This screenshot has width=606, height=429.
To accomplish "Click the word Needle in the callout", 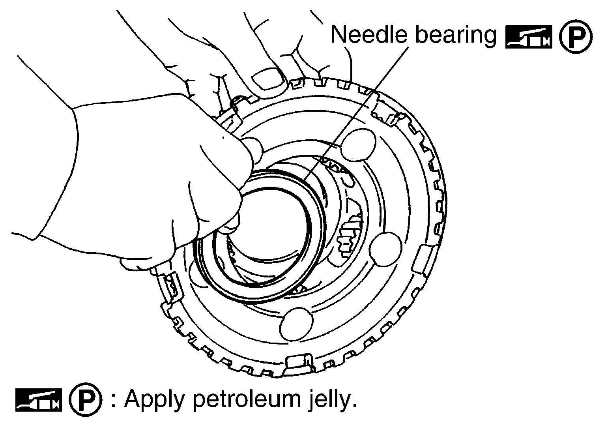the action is [369, 34].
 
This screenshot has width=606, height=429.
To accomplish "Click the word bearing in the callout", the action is [456, 36].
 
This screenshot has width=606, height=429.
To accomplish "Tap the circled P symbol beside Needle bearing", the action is [576, 37].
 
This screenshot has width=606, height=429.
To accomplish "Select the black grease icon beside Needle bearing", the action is [529, 37].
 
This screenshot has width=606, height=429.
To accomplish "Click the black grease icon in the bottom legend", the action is [39, 400].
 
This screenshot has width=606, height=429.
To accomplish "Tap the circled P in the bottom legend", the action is [86, 399].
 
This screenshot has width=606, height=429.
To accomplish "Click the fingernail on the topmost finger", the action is [268, 79].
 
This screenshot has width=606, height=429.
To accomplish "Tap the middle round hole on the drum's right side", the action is [385, 249].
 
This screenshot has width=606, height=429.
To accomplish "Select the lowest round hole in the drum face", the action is [296, 324].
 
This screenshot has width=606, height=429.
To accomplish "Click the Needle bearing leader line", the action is [355, 114].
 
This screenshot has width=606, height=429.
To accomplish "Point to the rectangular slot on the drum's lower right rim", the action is [423, 260].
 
